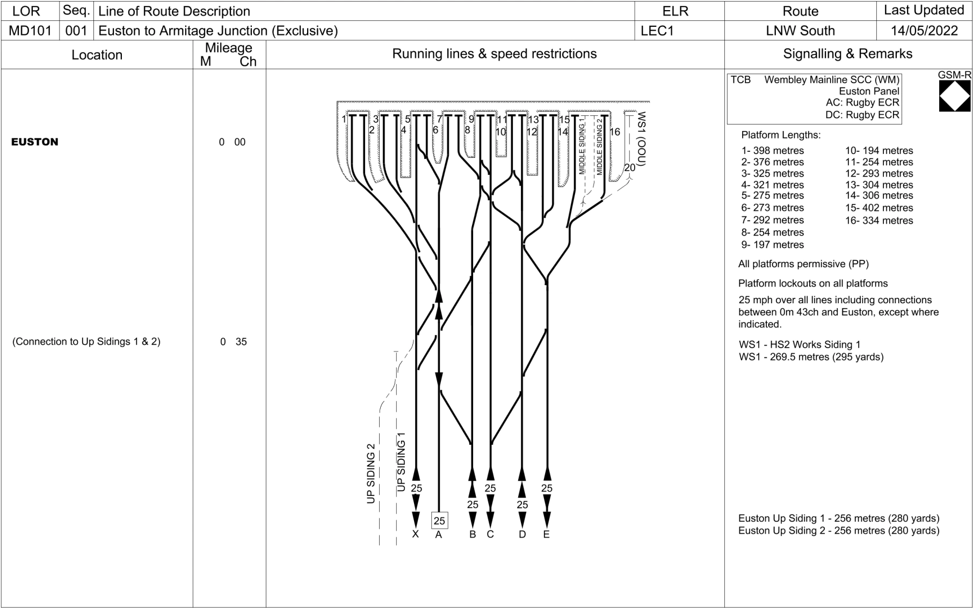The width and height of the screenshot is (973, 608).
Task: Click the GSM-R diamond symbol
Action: [x=955, y=96]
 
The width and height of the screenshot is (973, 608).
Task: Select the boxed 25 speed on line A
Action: [x=439, y=521]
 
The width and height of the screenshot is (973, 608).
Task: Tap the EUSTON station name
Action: [x=35, y=142]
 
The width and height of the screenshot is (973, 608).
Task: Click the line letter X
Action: [x=415, y=534]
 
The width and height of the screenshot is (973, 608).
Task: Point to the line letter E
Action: [x=547, y=534]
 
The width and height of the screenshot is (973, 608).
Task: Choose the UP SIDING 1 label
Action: [x=402, y=462]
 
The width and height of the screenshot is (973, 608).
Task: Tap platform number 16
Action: [x=615, y=132]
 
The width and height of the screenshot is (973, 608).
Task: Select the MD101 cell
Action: [x=30, y=31]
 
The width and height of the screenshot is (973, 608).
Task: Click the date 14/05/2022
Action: [x=924, y=31]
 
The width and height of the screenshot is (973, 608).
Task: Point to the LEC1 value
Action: [x=657, y=31]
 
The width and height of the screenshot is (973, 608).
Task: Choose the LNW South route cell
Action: [x=800, y=31]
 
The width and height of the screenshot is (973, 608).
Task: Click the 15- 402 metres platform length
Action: [x=879, y=208]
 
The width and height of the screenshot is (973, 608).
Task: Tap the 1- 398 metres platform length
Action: [x=773, y=151]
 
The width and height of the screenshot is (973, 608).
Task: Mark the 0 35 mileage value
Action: [x=233, y=342]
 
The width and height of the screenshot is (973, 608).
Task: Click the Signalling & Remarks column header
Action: [x=847, y=54]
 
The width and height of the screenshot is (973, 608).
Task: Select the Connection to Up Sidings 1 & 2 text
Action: [x=86, y=342]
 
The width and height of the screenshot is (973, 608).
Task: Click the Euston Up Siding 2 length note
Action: [x=838, y=531]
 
